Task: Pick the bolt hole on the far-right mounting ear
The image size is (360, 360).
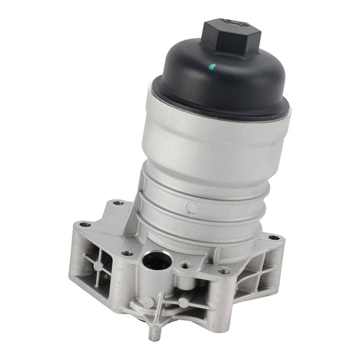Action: pos(274,238)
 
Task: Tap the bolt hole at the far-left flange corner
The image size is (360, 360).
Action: pos(84,225)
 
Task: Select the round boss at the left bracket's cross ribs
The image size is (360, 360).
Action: pos(99,266)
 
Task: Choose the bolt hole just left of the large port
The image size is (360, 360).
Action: pos(127,254)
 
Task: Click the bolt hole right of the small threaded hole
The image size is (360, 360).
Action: pos(224,271)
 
